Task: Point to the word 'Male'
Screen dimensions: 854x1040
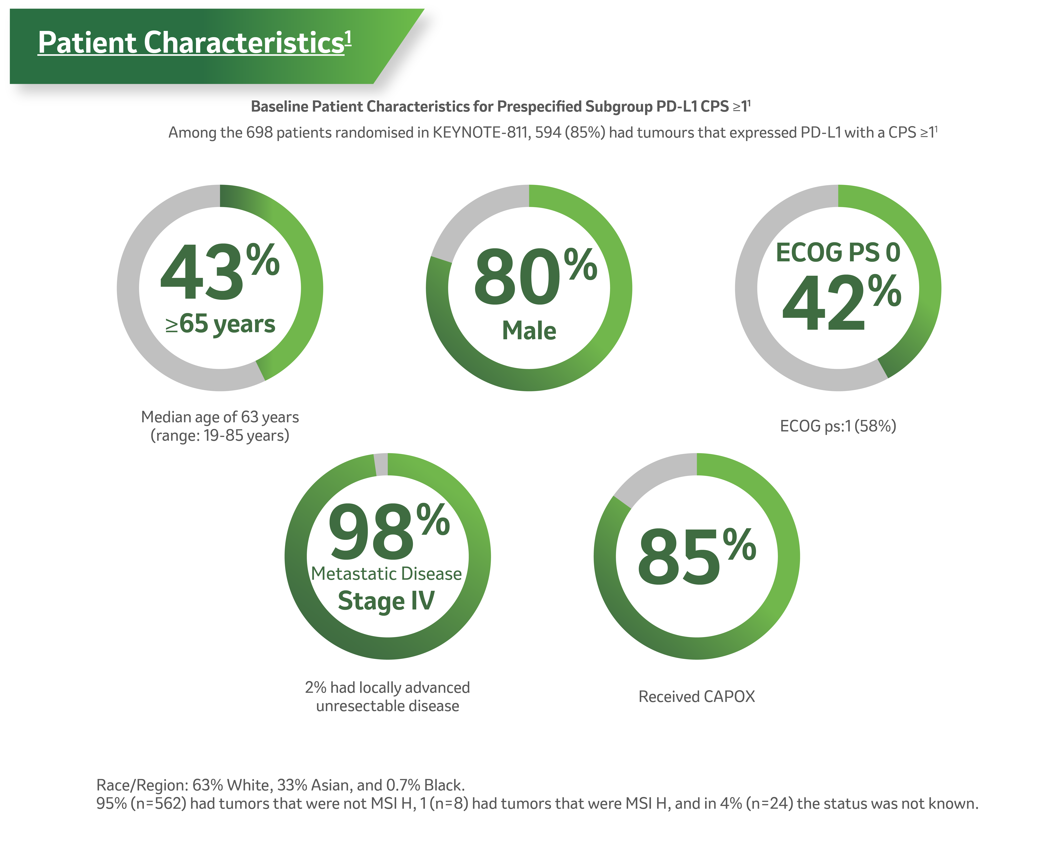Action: (529, 331)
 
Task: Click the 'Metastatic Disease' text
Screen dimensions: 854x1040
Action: (386, 574)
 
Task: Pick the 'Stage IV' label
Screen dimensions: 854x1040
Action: (386, 601)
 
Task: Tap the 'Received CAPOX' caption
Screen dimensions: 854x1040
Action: (696, 697)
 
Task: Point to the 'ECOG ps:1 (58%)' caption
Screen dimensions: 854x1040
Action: (838, 426)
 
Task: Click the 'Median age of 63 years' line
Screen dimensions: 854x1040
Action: (220, 417)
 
